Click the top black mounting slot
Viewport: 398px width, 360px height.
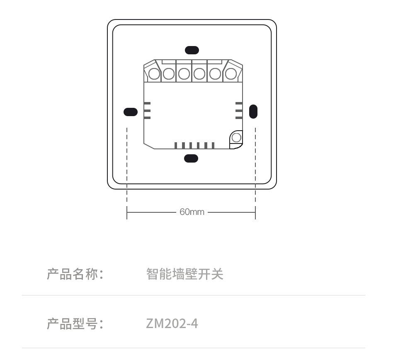[x=192, y=50]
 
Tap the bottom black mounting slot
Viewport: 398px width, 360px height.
[x=191, y=158]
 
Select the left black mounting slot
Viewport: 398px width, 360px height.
[x=131, y=112]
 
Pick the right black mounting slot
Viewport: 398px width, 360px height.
[x=253, y=112]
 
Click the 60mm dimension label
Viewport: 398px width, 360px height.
[x=192, y=212]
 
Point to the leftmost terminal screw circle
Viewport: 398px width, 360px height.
[x=154, y=74]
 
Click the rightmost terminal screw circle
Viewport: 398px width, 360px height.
[x=231, y=74]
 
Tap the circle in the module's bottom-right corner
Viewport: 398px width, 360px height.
[x=236, y=137]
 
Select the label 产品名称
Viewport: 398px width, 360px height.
[x=75, y=274]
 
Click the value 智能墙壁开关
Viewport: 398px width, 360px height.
[x=185, y=274]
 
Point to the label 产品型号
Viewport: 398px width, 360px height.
[x=75, y=324]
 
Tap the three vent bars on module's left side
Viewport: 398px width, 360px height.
[x=147, y=110]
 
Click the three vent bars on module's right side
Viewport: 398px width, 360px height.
[x=239, y=110]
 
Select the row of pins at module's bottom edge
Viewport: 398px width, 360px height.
[x=194, y=145]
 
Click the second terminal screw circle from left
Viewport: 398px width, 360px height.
[x=169, y=74]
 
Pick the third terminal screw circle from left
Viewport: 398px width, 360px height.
[x=184, y=74]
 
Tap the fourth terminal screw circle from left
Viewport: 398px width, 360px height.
[x=199, y=74]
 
